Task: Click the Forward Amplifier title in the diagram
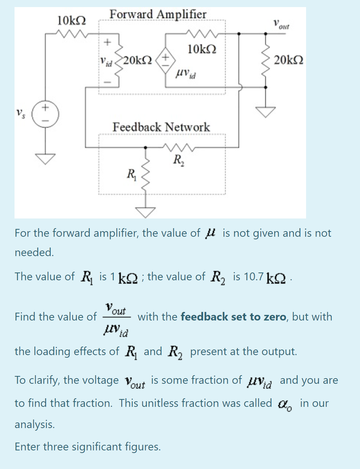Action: coord(158,14)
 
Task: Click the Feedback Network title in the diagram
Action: coord(161,127)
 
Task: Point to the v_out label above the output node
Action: coord(281,25)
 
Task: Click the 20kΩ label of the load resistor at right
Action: coord(289,60)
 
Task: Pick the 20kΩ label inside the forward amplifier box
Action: coord(137,60)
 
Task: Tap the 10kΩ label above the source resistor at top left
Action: coord(71,20)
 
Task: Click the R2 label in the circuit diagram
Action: coord(178,160)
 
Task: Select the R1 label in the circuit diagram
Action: coord(132,174)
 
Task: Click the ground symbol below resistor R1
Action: coord(145,211)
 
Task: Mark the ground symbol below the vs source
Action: coord(45,159)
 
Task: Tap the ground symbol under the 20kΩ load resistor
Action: coord(265,111)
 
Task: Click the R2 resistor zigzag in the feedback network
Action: coord(178,148)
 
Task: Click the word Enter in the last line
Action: coord(28,447)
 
